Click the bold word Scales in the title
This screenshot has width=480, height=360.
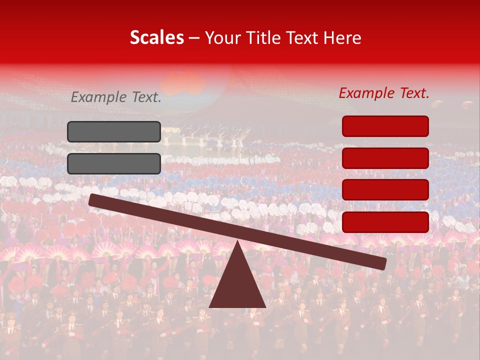156,37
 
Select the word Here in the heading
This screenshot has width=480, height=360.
342,37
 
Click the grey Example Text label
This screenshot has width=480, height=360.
116,97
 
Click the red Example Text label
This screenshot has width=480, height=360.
384,93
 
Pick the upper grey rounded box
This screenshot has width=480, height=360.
114,131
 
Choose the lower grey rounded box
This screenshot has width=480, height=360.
114,163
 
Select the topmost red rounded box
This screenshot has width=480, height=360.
385,126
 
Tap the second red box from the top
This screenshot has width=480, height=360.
385,158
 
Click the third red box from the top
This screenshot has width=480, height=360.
385,189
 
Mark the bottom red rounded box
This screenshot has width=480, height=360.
385,222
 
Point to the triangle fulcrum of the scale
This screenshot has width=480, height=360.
237,282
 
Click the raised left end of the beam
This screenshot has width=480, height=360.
93,199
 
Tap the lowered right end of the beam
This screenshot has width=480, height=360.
382,263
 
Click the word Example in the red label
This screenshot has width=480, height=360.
366,93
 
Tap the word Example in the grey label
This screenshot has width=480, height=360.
98,97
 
